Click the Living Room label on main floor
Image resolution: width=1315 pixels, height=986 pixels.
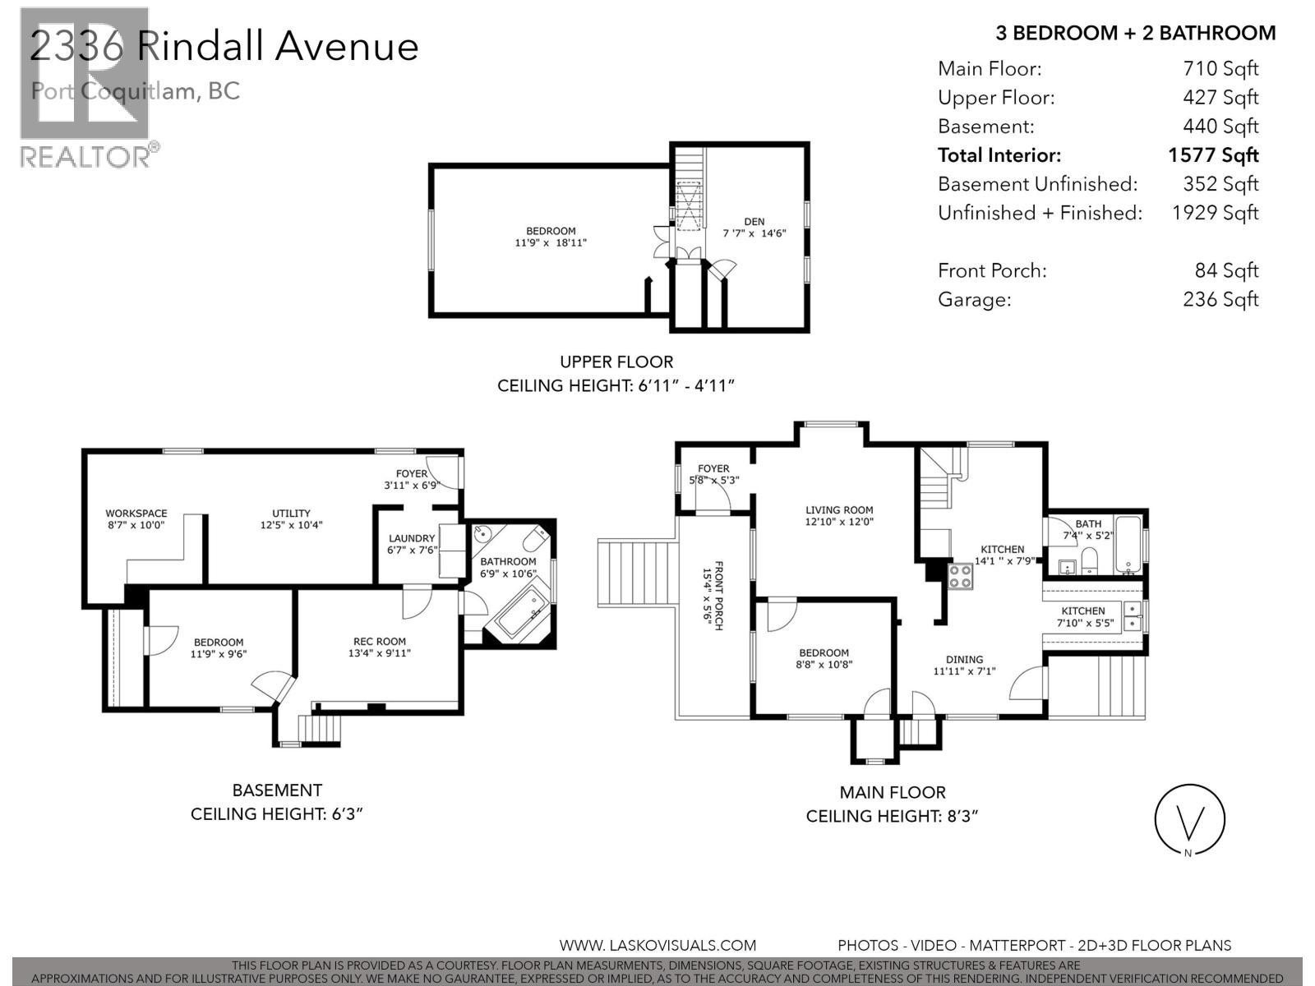click(839, 510)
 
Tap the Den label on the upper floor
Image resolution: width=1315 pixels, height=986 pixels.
click(754, 221)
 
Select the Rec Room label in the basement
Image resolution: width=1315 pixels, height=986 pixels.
click(379, 642)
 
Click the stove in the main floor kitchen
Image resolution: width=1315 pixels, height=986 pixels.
click(961, 576)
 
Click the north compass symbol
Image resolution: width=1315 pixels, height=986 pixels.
click(1189, 820)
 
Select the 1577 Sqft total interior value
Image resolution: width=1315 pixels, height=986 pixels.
click(1213, 155)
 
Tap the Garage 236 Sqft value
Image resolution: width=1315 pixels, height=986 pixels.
click(1220, 299)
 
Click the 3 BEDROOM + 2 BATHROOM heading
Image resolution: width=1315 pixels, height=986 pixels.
click(1135, 33)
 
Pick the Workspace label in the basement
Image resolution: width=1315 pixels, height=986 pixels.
click(136, 513)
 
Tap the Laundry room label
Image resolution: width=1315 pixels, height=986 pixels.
click(412, 539)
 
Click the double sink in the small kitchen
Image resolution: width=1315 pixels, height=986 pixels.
click(1132, 616)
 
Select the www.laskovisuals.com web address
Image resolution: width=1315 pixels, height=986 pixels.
click(657, 946)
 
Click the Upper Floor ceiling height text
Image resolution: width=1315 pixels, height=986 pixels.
click(616, 385)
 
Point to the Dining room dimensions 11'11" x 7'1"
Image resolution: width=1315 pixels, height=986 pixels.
click(964, 670)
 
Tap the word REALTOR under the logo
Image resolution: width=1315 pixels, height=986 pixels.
click(85, 157)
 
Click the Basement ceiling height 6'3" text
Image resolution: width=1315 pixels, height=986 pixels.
click(276, 813)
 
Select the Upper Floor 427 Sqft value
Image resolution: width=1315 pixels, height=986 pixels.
click(1220, 98)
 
